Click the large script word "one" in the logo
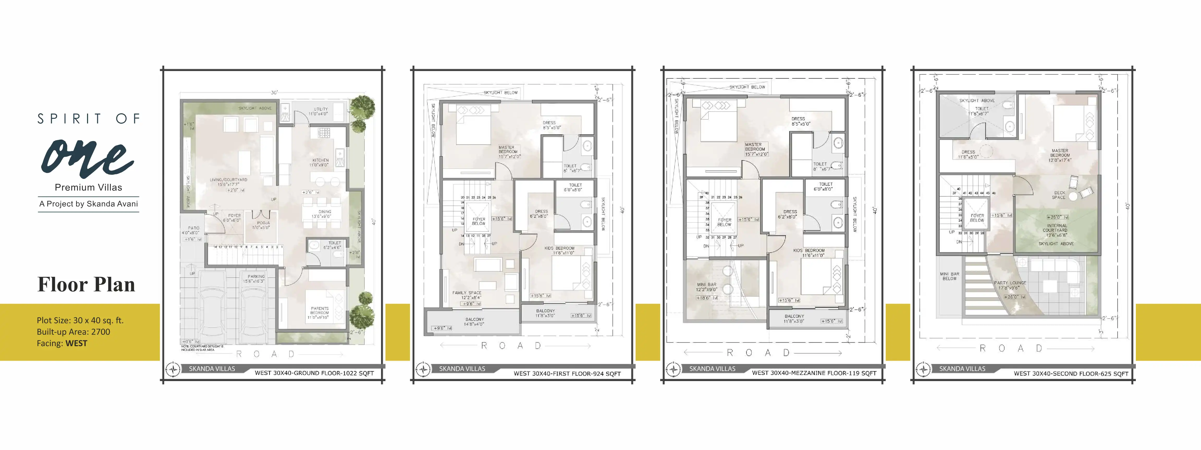tap(88, 158)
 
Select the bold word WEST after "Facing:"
tap(76, 343)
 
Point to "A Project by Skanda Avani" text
tap(89, 204)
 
